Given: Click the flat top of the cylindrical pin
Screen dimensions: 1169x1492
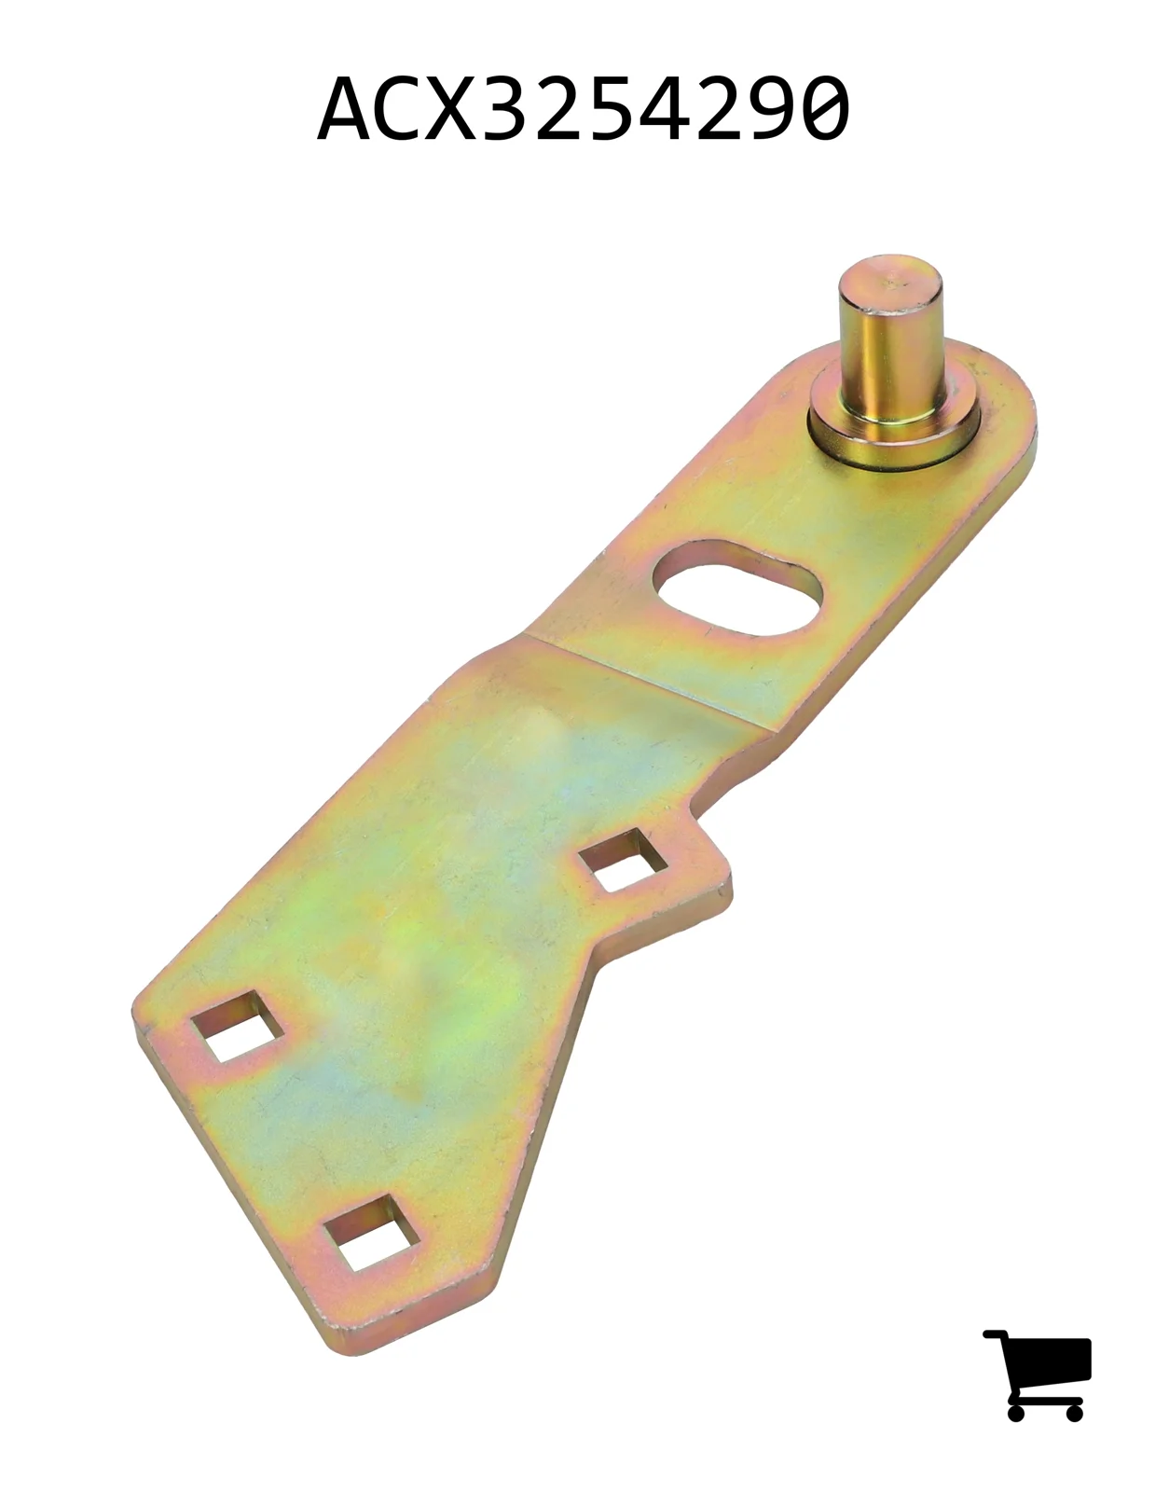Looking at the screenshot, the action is pyautogui.click(x=890, y=283).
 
